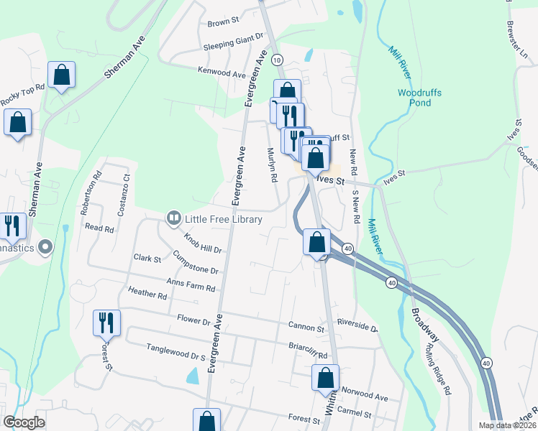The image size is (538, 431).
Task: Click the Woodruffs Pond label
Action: (x=419, y=98)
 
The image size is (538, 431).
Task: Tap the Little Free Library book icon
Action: (x=173, y=218)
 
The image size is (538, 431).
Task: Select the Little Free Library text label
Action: (x=223, y=219)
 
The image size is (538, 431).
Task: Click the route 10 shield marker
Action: (x=278, y=60)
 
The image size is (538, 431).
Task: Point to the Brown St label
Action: (x=223, y=23)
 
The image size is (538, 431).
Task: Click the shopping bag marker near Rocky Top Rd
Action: (x=62, y=75)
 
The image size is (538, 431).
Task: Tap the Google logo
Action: (x=24, y=422)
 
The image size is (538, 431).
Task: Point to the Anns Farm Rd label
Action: (x=191, y=285)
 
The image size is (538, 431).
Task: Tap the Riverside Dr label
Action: (x=357, y=327)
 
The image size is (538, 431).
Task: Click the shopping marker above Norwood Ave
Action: (x=325, y=377)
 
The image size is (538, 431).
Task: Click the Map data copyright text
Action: (x=507, y=425)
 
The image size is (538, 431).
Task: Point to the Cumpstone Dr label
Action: (x=194, y=263)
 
